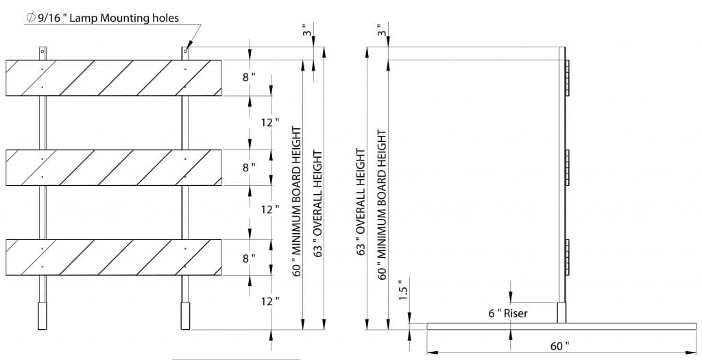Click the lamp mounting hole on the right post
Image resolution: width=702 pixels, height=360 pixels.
point(185,51)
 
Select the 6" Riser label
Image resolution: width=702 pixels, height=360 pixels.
point(508,313)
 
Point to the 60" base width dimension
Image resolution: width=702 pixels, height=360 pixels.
point(559,346)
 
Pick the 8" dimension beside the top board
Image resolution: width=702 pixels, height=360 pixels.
point(249,77)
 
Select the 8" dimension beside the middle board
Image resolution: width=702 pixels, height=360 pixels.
point(249,167)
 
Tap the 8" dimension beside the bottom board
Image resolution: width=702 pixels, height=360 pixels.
point(249,258)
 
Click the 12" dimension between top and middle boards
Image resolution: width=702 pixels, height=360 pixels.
point(270,122)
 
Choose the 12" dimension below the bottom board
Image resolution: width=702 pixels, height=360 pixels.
point(270,301)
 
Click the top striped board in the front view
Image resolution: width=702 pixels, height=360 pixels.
point(114,78)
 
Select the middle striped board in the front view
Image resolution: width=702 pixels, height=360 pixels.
point(114,167)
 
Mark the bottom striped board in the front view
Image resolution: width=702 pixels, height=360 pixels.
point(114,257)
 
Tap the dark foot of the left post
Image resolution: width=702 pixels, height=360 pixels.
point(43,315)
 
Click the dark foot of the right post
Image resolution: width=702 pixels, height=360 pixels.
point(185,315)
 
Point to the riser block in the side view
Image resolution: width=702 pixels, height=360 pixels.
point(562,313)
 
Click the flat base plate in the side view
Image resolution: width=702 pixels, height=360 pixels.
point(562,326)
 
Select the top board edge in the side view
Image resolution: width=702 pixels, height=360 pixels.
point(568,78)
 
